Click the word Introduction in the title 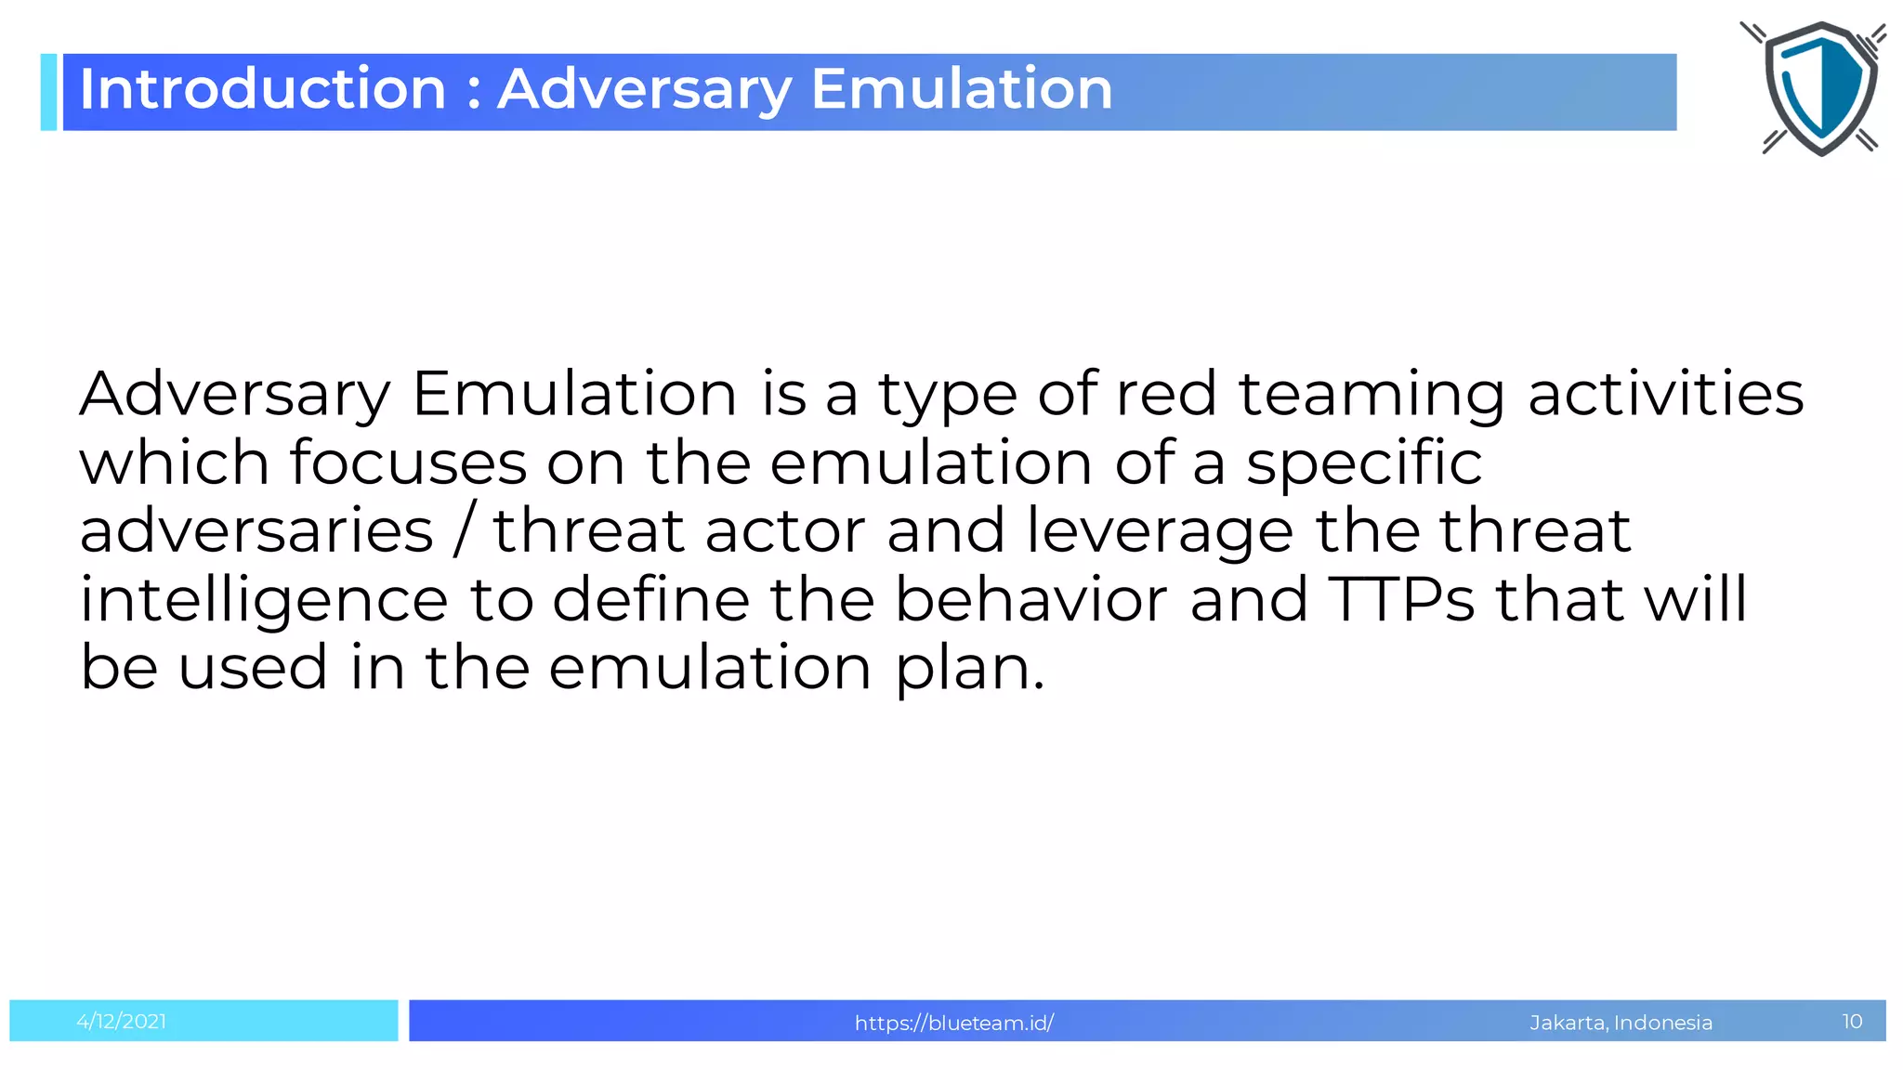tap(263, 89)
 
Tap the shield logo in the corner tap(1819, 88)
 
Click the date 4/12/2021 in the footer tap(122, 1022)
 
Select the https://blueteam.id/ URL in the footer tap(953, 1023)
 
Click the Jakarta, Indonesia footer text tap(1621, 1023)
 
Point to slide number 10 tap(1851, 1022)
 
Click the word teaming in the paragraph tap(1371, 395)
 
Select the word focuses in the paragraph tap(408, 463)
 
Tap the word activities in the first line tap(1665, 393)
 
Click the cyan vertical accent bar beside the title tap(48, 92)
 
